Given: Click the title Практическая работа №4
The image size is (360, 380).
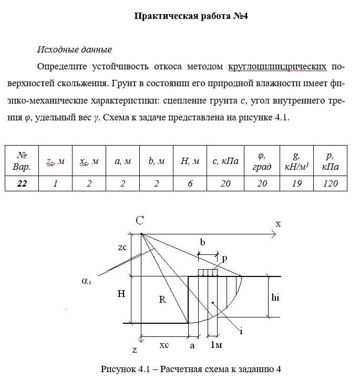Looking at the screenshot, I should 191,16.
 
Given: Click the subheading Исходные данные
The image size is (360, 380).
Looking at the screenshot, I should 74,50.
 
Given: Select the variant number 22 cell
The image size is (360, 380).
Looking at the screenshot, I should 22,183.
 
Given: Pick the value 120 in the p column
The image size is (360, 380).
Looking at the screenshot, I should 330,183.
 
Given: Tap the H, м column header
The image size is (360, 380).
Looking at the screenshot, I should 190,161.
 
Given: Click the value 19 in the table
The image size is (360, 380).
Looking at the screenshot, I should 296,183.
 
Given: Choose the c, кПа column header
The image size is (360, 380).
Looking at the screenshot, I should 225,161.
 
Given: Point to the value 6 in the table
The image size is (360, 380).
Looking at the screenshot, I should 190,183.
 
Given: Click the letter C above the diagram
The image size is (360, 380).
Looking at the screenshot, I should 140,221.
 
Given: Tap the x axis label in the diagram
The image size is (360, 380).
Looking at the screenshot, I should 278,224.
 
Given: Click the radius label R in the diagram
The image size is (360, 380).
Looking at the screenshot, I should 162,300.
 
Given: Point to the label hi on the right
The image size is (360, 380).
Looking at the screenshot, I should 275,297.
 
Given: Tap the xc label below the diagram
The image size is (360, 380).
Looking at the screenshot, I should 164,345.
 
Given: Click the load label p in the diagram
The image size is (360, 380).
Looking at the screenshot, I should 224,259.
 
